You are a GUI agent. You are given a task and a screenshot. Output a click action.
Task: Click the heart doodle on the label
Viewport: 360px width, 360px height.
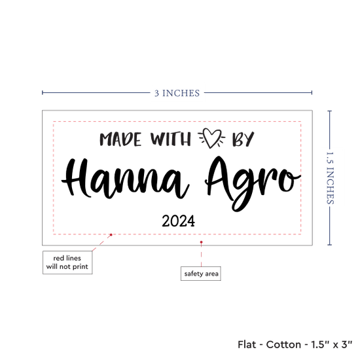(x=211, y=138)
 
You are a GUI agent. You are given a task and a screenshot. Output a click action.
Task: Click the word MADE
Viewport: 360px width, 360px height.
(x=120, y=139)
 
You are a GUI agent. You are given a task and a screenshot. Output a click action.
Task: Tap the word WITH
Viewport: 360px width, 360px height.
(x=171, y=139)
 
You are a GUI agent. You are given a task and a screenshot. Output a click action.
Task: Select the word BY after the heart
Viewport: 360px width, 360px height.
(x=243, y=139)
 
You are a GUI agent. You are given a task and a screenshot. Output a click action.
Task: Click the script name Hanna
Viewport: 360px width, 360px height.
(x=126, y=179)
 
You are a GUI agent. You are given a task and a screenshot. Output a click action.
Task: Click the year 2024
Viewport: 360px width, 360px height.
(x=179, y=221)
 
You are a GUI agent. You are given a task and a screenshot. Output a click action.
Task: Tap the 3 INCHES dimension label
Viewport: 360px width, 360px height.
(x=177, y=93)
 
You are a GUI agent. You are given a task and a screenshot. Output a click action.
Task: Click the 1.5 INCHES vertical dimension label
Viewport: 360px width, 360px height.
(x=330, y=178)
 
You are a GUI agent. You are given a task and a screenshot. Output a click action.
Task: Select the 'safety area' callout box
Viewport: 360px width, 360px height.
(x=201, y=274)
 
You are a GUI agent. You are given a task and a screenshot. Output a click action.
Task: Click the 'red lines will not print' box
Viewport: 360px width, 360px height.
(x=67, y=262)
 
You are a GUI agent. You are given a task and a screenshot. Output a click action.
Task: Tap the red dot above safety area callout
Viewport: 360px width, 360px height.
(x=202, y=242)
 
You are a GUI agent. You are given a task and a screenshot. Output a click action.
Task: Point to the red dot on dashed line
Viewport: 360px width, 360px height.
(x=111, y=235)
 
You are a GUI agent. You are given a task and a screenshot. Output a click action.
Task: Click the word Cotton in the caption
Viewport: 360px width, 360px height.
(x=283, y=344)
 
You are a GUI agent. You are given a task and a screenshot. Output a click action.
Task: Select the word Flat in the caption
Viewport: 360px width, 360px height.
(x=247, y=344)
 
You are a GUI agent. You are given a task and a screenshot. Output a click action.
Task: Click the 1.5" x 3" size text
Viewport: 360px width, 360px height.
(x=332, y=344)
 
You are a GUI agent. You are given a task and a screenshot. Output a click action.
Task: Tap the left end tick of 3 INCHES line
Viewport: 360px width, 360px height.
(x=43, y=92)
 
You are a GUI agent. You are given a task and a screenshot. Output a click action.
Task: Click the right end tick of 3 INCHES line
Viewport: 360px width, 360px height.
(x=312, y=92)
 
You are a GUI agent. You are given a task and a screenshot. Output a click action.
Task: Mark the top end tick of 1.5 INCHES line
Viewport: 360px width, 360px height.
(x=330, y=111)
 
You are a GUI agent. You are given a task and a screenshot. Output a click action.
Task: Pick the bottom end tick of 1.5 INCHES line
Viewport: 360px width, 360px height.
(x=330, y=245)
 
